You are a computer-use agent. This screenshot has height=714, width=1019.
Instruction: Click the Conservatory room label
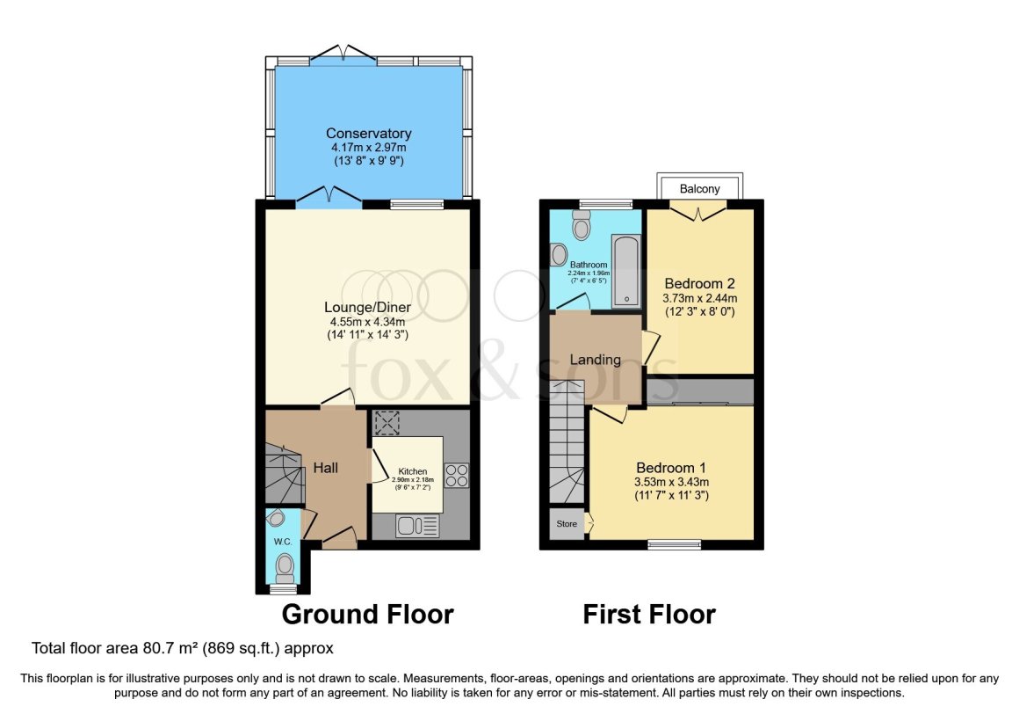(368, 134)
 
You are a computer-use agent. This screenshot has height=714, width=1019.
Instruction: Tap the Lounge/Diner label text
(368, 308)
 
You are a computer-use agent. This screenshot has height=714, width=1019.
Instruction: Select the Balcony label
(700, 189)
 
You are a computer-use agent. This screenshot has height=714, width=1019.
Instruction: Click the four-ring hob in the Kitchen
(457, 476)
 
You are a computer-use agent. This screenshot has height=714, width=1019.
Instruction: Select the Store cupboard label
(567, 525)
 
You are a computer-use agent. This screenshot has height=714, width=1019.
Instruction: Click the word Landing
(596, 360)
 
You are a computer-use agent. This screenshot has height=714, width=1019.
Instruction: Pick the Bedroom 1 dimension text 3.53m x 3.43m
(672, 482)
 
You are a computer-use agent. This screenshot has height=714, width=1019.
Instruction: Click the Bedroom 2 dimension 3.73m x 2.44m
(699, 299)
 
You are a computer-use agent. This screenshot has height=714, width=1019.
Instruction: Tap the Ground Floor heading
(367, 614)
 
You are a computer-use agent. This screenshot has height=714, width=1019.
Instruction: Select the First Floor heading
(649, 614)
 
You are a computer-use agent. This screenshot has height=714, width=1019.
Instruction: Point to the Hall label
(326, 469)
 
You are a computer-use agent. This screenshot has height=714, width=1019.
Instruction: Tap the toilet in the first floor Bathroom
(581, 228)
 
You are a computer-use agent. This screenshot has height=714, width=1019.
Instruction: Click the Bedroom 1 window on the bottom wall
(675, 544)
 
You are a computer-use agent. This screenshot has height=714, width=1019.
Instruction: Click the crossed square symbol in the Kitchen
(387, 424)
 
